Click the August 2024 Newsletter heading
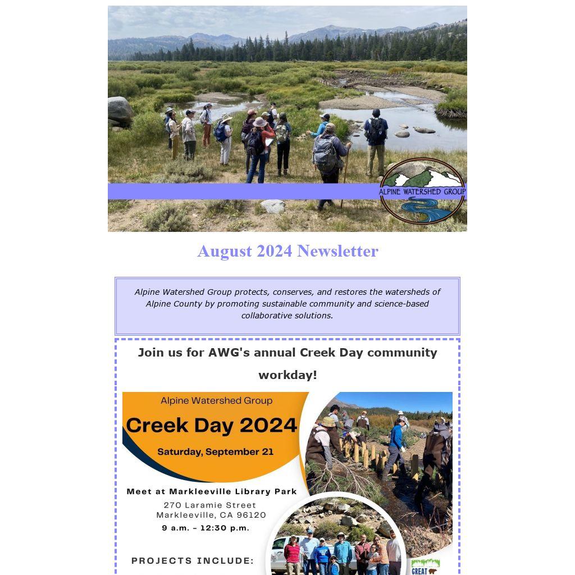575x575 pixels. pos(287,251)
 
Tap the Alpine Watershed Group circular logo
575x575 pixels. pos(422,191)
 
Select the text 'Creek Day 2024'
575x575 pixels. pos(212,426)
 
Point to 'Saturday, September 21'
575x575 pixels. pos(215,451)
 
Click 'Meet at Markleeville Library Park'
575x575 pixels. pos(212,491)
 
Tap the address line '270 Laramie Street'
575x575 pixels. pos(210,505)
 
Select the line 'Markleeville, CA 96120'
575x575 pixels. pos(211,515)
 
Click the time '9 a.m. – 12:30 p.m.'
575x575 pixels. pos(206,528)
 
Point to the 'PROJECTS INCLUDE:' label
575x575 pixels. pos(193,561)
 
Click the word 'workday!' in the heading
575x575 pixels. pos(287,375)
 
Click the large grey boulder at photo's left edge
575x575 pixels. pos(120,111)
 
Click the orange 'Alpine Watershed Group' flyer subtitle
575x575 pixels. pos(216,400)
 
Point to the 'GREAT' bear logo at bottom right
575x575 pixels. pos(426,567)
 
